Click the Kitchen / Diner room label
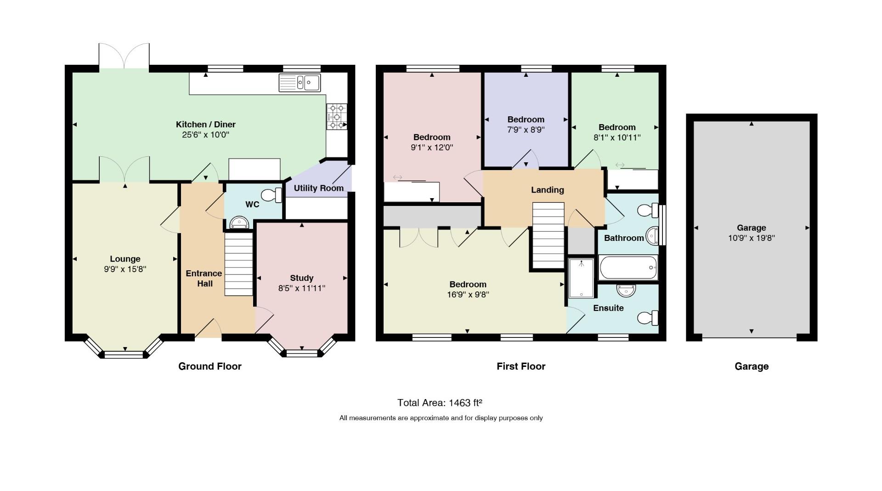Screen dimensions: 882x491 click(x=206, y=125)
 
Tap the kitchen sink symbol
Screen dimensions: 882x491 click(x=300, y=83)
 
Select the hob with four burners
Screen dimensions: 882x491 click(x=337, y=117)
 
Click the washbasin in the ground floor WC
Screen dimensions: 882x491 click(x=239, y=223)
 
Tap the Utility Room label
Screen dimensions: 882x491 click(x=319, y=188)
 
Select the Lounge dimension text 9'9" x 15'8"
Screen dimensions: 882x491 click(x=125, y=269)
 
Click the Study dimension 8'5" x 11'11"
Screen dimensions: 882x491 click(x=302, y=288)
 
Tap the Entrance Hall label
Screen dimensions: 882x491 click(x=204, y=279)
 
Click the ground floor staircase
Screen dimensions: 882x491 click(x=239, y=264)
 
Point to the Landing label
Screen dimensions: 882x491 click(x=548, y=190)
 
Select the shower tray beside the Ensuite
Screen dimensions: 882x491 click(x=581, y=278)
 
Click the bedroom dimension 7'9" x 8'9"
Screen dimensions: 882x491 click(x=526, y=130)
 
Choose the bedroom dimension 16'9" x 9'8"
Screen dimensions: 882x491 click(x=468, y=295)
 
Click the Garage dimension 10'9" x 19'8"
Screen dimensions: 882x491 click(x=752, y=238)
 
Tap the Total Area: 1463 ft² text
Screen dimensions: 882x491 click(x=440, y=403)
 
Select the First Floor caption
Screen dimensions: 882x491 click(x=521, y=366)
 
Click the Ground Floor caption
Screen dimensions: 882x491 click(x=210, y=366)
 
